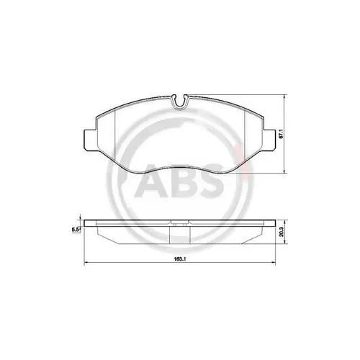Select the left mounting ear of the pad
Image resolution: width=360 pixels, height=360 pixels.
coord(87,138)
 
